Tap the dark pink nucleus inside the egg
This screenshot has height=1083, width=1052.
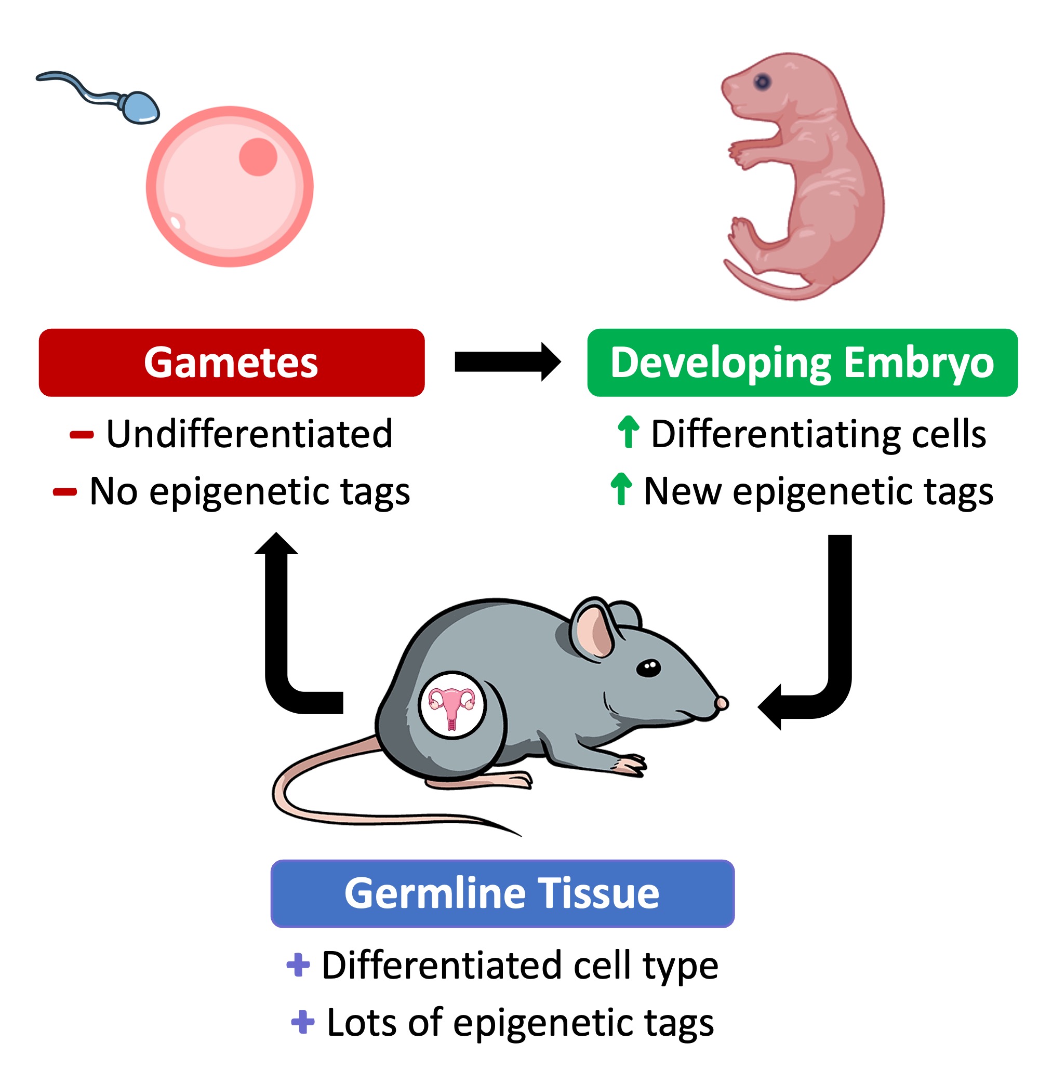(258, 156)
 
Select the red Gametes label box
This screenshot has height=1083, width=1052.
(232, 363)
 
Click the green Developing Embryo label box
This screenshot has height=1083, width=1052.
(802, 363)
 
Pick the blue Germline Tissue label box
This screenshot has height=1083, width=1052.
(502, 893)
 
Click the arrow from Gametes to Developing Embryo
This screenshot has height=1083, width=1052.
(507, 362)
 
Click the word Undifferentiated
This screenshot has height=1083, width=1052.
(249, 434)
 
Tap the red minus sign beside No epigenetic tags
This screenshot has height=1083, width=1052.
(64, 492)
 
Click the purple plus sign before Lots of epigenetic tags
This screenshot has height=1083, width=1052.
(302, 1022)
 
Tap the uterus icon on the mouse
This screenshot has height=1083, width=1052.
(451, 705)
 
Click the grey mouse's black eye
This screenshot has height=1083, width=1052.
(648, 668)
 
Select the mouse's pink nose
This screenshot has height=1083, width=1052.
(722, 703)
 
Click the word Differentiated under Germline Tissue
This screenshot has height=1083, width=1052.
(444, 965)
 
